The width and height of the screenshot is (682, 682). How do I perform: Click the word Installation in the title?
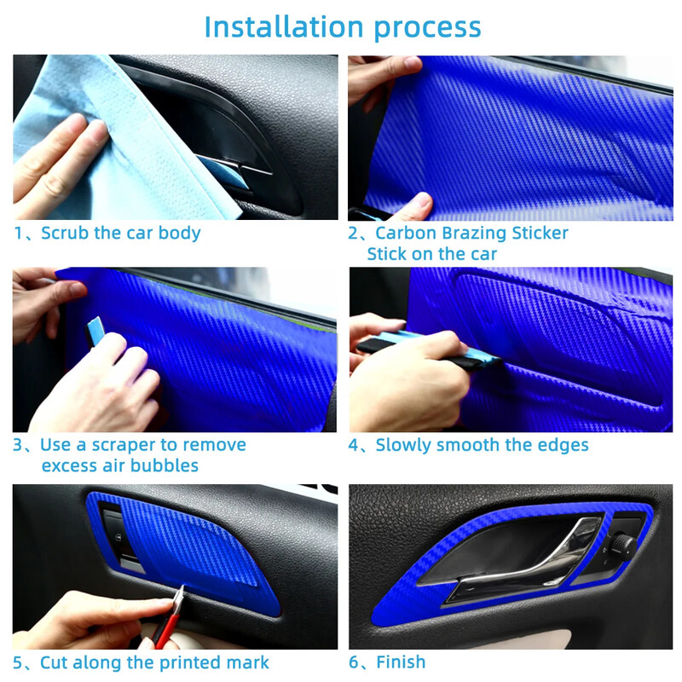coord(284,27)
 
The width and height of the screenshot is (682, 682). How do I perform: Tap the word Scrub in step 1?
coord(65,233)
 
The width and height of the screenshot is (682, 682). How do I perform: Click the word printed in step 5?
coord(189,663)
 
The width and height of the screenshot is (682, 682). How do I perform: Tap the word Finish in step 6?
coord(401,662)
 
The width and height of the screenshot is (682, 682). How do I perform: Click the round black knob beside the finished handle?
coord(623,545)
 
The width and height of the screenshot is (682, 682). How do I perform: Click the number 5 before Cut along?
coord(17,663)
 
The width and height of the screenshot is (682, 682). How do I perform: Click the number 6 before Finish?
coord(354,662)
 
